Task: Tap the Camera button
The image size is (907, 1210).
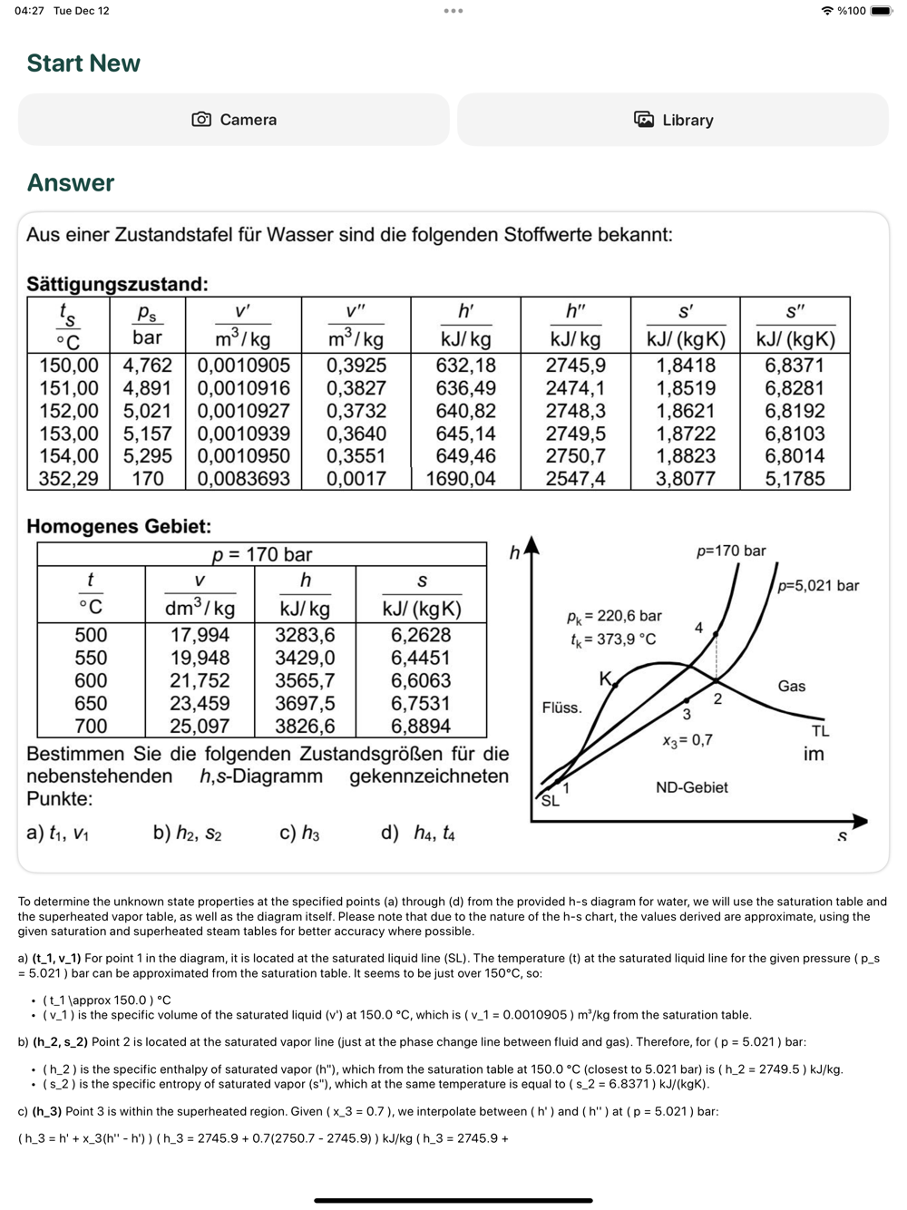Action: pyautogui.click(x=234, y=120)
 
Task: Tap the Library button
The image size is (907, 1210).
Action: pyautogui.click(x=673, y=120)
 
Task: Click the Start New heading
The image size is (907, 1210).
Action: pyautogui.click(x=83, y=63)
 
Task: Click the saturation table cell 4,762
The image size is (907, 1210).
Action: pyautogui.click(x=147, y=366)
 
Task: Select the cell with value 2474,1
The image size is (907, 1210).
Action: pyautogui.click(x=575, y=388)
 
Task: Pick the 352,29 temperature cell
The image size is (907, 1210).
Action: pyautogui.click(x=68, y=479)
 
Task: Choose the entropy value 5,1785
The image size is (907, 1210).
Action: pyautogui.click(x=795, y=479)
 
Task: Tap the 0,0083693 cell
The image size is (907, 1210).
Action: pyautogui.click(x=243, y=479)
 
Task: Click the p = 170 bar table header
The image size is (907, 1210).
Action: pyautogui.click(x=261, y=554)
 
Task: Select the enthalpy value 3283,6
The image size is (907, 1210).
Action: pyautogui.click(x=305, y=635)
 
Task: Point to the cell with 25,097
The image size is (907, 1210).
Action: pyautogui.click(x=200, y=726)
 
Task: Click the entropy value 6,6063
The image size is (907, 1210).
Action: pyautogui.click(x=421, y=680)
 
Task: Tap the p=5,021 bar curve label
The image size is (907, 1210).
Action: pyautogui.click(x=818, y=586)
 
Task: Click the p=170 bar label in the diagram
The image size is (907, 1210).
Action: pyautogui.click(x=731, y=551)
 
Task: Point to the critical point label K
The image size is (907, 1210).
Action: pyautogui.click(x=605, y=678)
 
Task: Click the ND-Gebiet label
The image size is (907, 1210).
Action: pyautogui.click(x=691, y=787)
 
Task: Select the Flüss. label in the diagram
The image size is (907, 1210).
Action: pyautogui.click(x=561, y=707)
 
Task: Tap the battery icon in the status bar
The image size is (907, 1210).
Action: pyautogui.click(x=881, y=11)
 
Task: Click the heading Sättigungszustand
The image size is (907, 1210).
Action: pyautogui.click(x=117, y=284)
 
